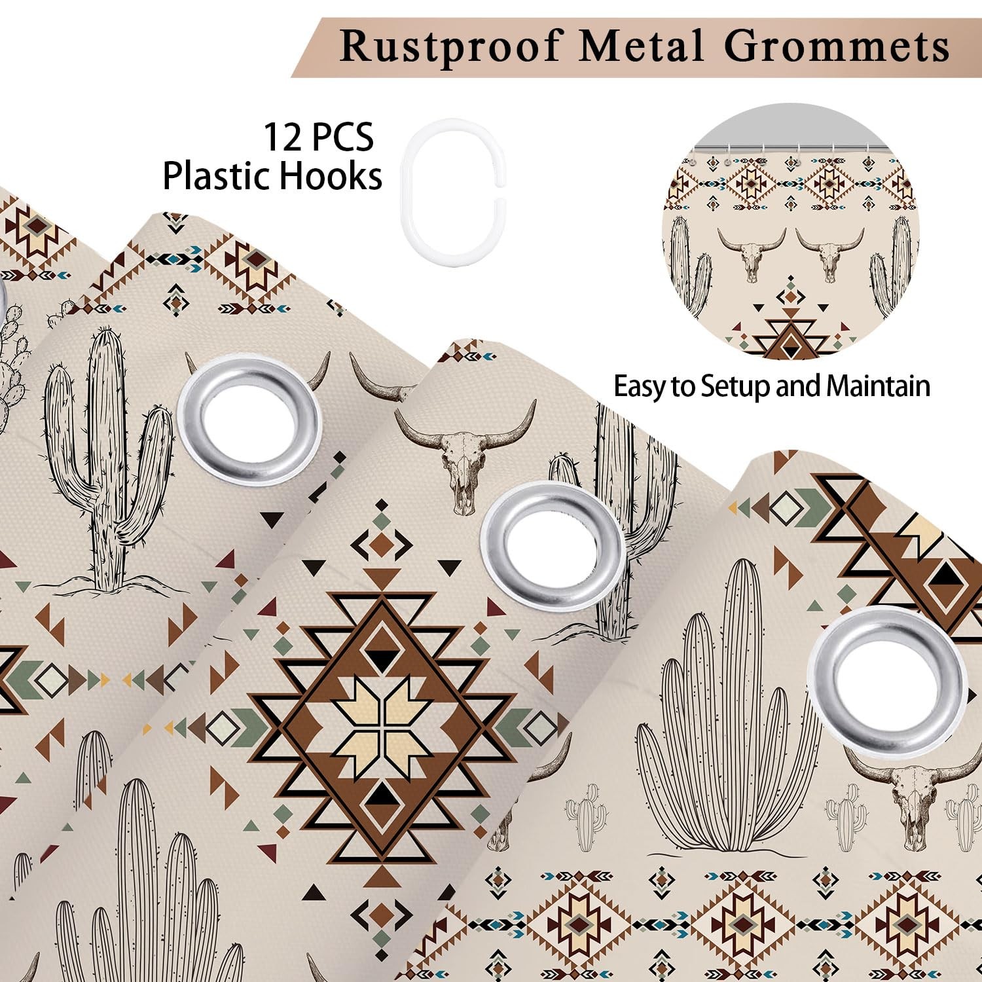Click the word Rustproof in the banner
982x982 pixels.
[451, 46]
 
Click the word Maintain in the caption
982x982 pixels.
[878, 386]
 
